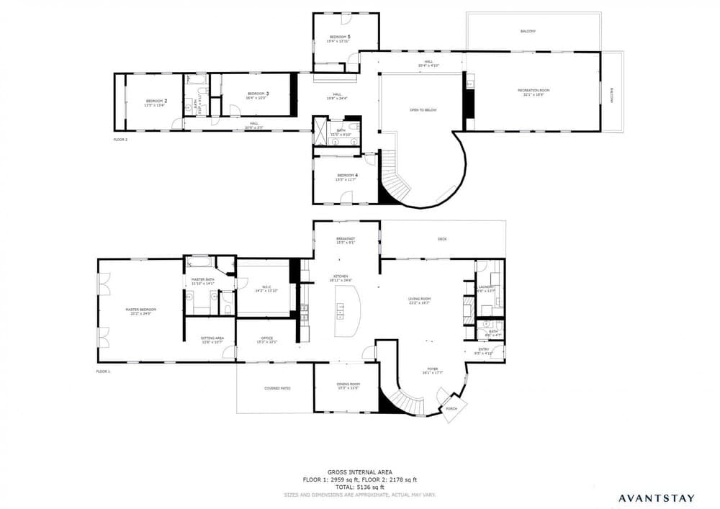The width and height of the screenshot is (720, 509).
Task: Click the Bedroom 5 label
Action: pyautogui.click(x=341, y=37)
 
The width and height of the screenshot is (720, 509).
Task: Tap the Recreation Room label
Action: pyautogui.click(x=534, y=90)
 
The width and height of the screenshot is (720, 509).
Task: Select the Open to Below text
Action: pyautogui.click(x=423, y=110)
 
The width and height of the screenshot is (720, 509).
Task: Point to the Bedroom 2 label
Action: pyautogui.click(x=156, y=101)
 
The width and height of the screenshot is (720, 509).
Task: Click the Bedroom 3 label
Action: pyautogui.click(x=258, y=94)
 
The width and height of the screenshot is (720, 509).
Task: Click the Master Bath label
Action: pyautogui.click(x=203, y=279)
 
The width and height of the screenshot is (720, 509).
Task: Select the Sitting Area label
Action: pyautogui.click(x=212, y=338)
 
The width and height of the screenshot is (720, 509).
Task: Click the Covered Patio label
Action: pyautogui.click(x=277, y=388)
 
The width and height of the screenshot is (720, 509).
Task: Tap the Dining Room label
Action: pyautogui.click(x=348, y=384)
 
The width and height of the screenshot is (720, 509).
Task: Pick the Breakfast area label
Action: pyautogui.click(x=346, y=239)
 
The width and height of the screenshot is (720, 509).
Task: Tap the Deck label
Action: pyautogui.click(x=442, y=239)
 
